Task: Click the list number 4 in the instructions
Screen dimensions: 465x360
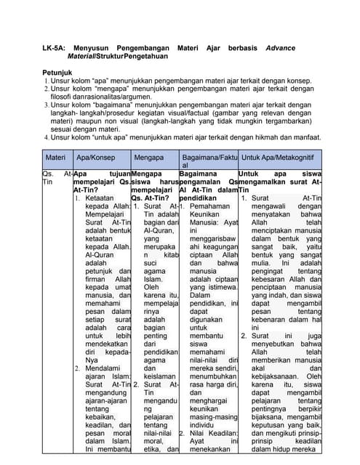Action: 45,137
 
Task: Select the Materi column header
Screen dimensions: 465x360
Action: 55,157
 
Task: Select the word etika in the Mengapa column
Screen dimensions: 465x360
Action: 153,450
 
